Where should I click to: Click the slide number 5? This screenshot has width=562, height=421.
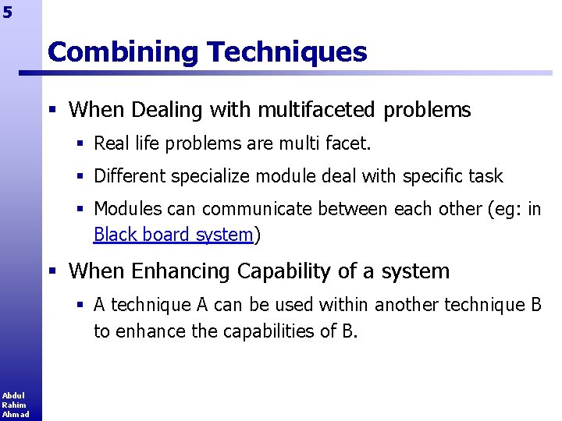click(7, 12)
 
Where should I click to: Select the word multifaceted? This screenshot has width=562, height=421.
click(293, 111)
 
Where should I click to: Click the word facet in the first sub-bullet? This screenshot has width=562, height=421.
click(349, 143)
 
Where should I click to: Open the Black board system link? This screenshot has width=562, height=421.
click(173, 234)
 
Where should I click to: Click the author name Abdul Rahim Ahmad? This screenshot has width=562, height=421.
click(14, 405)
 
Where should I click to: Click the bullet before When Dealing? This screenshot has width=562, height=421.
click(52, 111)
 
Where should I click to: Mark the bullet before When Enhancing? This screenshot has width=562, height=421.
click(52, 271)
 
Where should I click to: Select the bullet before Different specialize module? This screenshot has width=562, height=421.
click(80, 176)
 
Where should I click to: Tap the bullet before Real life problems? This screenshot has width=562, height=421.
click(80, 143)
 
